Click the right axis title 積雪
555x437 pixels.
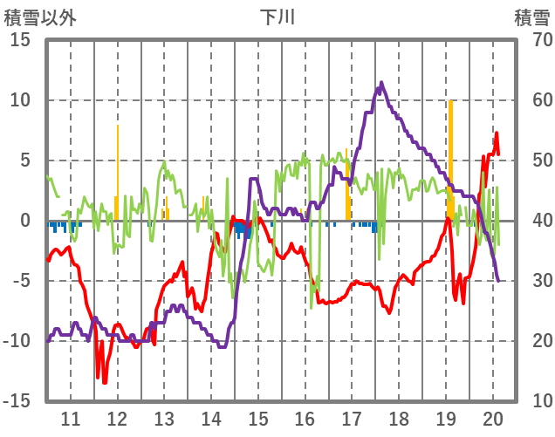pyautogui.click(x=531, y=17)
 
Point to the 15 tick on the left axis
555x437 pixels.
pyautogui.click(x=20, y=40)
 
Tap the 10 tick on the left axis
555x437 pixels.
pyautogui.click(x=20, y=100)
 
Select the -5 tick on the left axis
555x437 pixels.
pyautogui.click(x=20, y=281)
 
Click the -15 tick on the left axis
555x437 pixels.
pyautogui.click(x=20, y=401)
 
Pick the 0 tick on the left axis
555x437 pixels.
pyautogui.click(x=24, y=221)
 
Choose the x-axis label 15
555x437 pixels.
pyautogui.click(x=258, y=418)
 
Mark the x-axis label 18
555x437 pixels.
pyautogui.click(x=399, y=418)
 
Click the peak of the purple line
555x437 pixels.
pyautogui.click(x=381, y=83)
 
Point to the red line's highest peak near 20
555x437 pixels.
pyautogui.click(x=497, y=133)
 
